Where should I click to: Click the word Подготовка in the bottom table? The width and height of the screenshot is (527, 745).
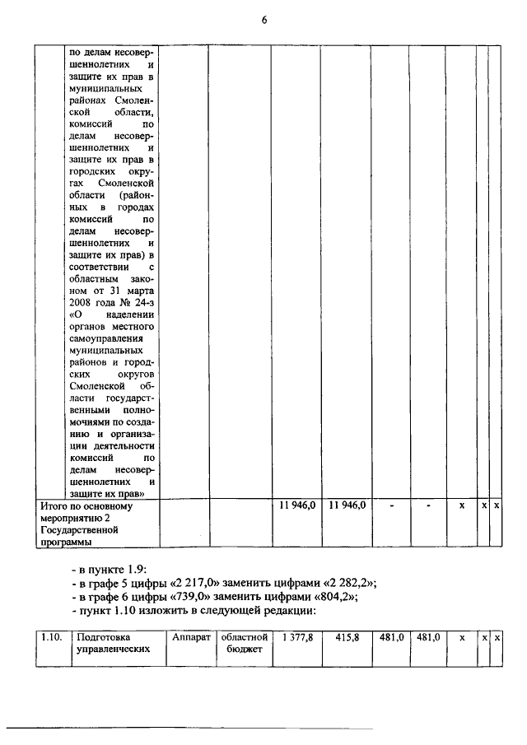point(104,637)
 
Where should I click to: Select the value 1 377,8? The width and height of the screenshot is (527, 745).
point(297,637)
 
